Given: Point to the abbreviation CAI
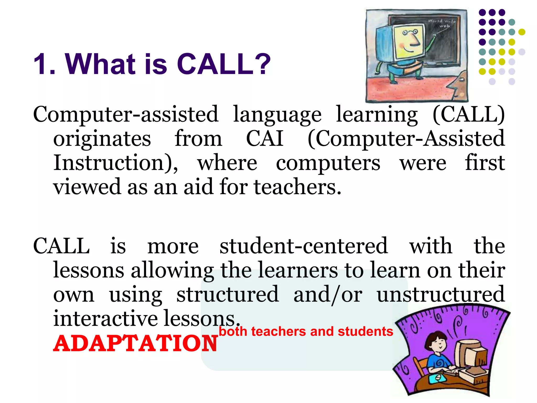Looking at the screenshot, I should [265, 138].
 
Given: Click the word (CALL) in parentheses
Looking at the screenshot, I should [469, 114].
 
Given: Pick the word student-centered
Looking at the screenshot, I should [304, 246].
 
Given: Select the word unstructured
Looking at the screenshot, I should [441, 294].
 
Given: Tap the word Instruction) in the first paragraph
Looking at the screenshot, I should [116, 163].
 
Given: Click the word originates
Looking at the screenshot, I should [102, 139].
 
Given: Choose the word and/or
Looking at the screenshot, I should [328, 294].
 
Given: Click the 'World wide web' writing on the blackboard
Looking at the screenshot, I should [442, 23].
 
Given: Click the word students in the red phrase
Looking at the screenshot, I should [366, 331].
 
